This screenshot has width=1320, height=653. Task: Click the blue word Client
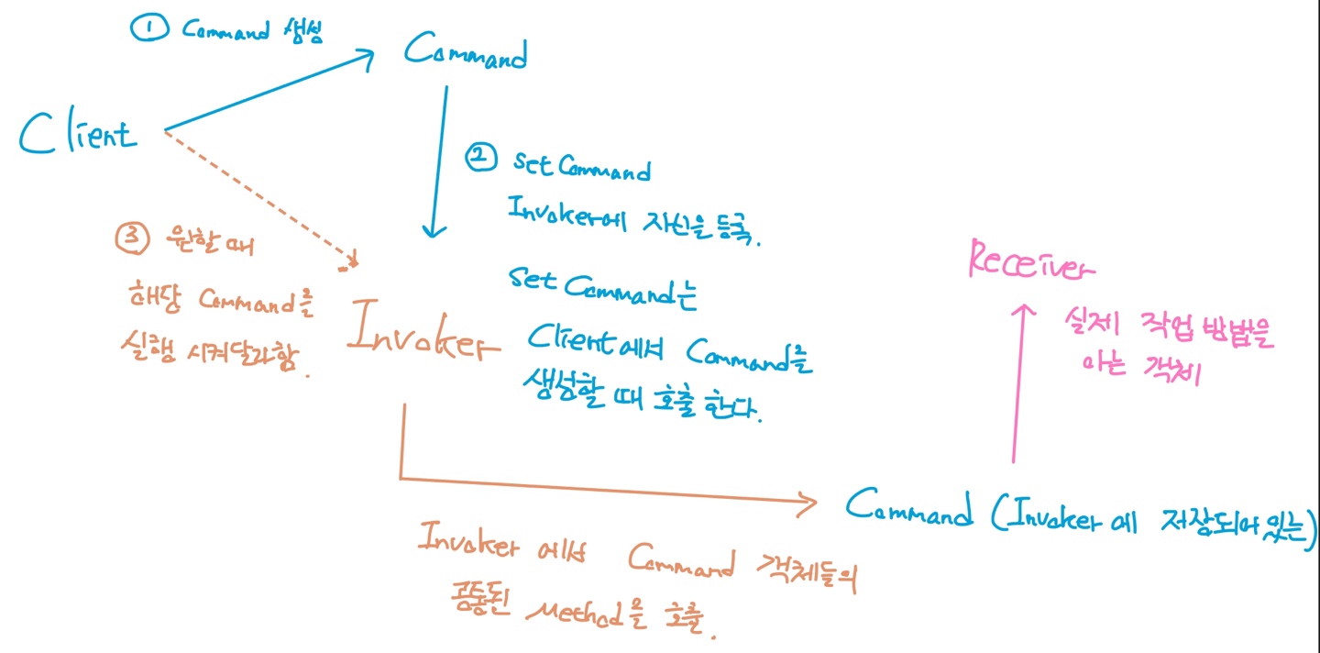coord(78,135)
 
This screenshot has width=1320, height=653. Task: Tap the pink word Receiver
coord(1030,261)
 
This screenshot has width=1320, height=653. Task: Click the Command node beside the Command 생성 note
coord(467,55)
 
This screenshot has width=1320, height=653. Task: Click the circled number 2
coord(479,159)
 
